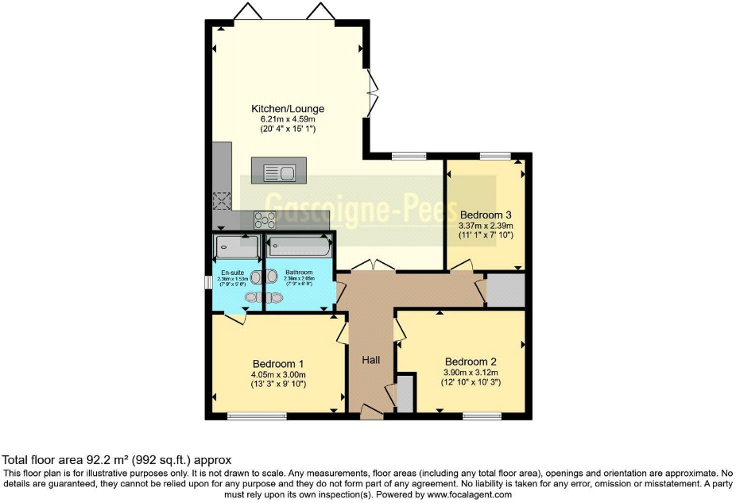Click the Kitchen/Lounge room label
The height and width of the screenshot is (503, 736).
(288, 109)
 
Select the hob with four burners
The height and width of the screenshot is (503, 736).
(265, 219)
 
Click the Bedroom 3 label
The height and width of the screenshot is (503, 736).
(486, 215)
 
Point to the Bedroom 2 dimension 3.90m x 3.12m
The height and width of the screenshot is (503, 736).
(471, 372)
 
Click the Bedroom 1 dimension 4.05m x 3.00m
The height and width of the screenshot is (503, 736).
(278, 375)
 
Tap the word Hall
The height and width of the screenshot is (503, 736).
(371, 360)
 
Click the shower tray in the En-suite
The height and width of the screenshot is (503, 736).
(238, 247)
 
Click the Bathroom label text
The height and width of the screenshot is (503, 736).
(298, 273)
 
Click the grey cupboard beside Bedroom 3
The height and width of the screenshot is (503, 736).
(506, 290)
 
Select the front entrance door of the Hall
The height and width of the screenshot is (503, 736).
(371, 412)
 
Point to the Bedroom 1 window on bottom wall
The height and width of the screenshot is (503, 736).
(257, 416)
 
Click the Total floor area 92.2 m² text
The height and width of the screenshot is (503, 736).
(117, 459)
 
